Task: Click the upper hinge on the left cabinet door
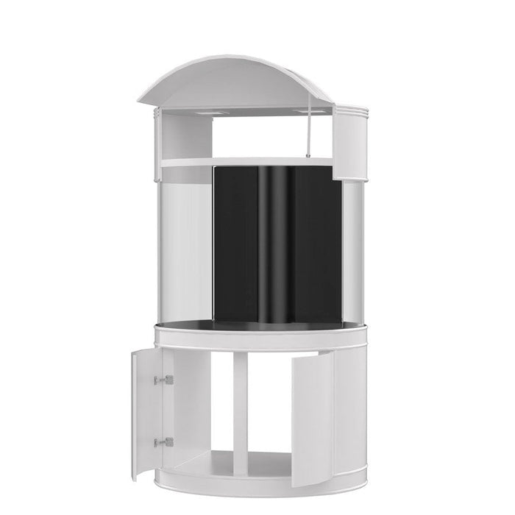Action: tap(167, 380)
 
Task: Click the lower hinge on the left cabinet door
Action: tap(167, 442)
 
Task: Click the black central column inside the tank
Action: tap(276, 250)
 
